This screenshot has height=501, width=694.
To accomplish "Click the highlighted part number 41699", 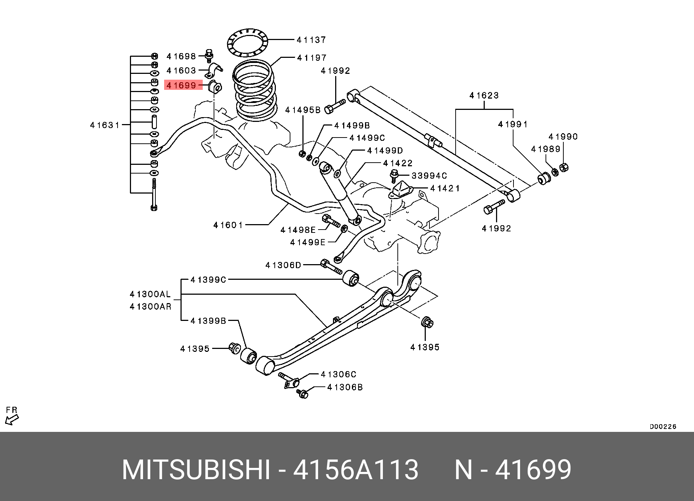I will pyautogui.click(x=181, y=86).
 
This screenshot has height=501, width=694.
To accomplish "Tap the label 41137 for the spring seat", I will pyautogui.click(x=311, y=40).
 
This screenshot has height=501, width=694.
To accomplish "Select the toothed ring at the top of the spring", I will pyautogui.click(x=247, y=42).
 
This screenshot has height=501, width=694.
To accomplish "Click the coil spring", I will pyautogui.click(x=254, y=91).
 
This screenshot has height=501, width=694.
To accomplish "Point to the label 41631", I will pyautogui.click(x=105, y=125).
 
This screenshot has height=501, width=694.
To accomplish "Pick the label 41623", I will pyautogui.click(x=484, y=96).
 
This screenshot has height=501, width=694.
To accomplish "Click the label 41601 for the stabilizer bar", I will pyautogui.click(x=228, y=225).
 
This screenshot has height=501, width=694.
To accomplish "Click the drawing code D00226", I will pyautogui.click(x=663, y=426).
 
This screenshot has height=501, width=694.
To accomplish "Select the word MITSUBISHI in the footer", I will pyautogui.click(x=196, y=470).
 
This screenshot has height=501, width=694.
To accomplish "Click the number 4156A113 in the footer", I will pyautogui.click(x=356, y=470).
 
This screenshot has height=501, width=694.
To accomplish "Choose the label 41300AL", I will pyautogui.click(x=150, y=294).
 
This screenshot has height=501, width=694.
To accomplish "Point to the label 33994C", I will pyautogui.click(x=429, y=176).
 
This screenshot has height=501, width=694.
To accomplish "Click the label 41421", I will pyautogui.click(x=445, y=188).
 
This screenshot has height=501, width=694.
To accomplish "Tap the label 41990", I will pyautogui.click(x=563, y=137).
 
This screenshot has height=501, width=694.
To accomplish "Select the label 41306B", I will pyautogui.click(x=345, y=387).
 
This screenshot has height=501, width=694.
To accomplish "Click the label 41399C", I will pyautogui.click(x=208, y=280).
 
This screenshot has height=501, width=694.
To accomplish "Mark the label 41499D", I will pyautogui.click(x=385, y=151).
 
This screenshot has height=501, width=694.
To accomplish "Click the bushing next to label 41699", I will pyautogui.click(x=215, y=87).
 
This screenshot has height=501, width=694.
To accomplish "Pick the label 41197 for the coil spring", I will pyautogui.click(x=312, y=58).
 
